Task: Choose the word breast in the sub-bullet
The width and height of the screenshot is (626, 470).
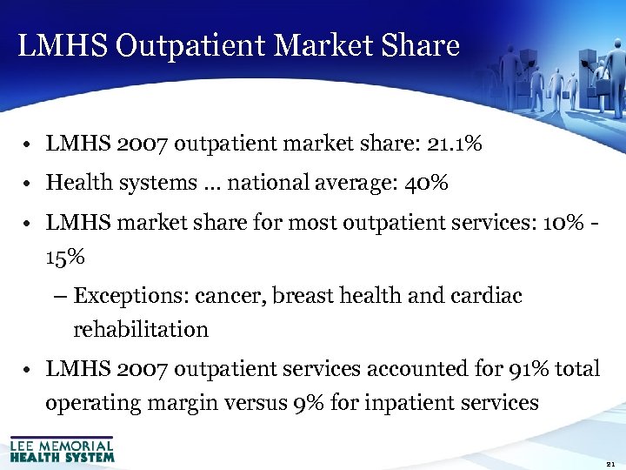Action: click(302, 296)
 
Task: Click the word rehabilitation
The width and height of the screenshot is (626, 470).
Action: click(141, 330)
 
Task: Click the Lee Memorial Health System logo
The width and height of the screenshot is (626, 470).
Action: click(62, 448)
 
